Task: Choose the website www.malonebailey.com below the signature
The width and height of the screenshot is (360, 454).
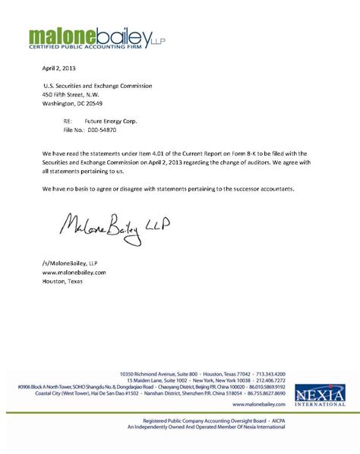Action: pos(74,271)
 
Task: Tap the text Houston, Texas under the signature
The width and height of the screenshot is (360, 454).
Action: pos(63,280)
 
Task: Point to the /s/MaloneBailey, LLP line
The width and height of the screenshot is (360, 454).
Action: pos(66,262)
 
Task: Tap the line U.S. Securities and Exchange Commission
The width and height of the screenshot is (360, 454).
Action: pos(97,86)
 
